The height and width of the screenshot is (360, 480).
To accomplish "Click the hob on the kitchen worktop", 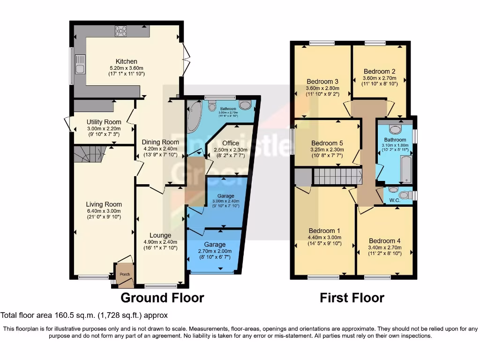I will click(x=121, y=31).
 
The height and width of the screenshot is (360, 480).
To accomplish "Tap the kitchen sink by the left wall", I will click(x=80, y=65).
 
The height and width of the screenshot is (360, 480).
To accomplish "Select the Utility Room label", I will click(x=104, y=122).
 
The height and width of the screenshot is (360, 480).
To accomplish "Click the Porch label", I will click(x=124, y=274).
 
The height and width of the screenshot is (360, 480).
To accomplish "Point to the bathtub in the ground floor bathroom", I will click(x=194, y=116).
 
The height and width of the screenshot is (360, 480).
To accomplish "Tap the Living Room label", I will click(x=104, y=204).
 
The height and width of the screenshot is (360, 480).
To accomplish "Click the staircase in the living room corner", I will click(x=89, y=154).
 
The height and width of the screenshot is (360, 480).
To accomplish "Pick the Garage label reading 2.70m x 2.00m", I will click(x=215, y=251).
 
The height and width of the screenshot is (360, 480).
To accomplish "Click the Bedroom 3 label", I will click(x=322, y=81).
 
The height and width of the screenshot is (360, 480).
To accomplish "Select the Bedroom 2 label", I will click(x=379, y=71).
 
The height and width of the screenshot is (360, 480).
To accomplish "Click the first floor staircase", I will click(x=337, y=177).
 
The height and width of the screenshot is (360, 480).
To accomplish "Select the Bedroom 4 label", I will click(x=384, y=241).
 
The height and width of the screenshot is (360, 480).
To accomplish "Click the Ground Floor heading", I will click(x=162, y=298).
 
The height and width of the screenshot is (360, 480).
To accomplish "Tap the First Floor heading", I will click(x=352, y=298).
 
